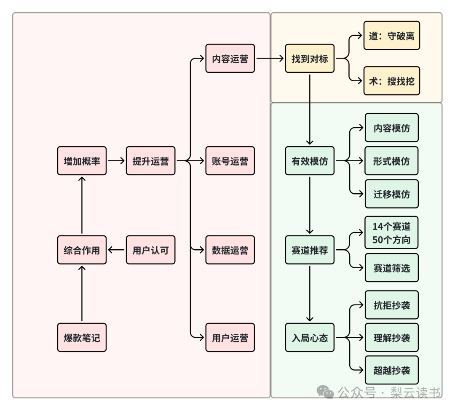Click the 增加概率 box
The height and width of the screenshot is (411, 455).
82,161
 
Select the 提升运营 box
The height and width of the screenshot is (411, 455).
150,161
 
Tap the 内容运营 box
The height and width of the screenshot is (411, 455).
230,58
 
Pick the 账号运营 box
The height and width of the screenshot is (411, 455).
230,161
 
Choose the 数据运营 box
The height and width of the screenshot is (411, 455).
230,250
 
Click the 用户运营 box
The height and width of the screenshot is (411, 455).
230,337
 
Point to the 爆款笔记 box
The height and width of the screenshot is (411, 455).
82,337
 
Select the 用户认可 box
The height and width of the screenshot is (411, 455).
150,250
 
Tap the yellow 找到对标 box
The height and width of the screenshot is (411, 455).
310,58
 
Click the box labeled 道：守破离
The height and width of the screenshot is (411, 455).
392,35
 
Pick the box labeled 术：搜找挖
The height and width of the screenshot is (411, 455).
392,80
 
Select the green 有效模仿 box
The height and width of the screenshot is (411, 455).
310,161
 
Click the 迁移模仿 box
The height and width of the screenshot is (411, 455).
392,194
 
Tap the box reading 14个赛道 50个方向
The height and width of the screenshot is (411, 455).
391,232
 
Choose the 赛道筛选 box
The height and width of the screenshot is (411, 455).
392,268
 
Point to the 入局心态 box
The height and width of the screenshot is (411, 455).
310,337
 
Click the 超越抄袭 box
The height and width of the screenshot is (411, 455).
392,370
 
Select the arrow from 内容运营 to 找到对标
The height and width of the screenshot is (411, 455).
270,58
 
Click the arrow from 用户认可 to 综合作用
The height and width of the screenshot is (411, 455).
116,250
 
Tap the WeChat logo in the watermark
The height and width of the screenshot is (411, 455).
325,392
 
